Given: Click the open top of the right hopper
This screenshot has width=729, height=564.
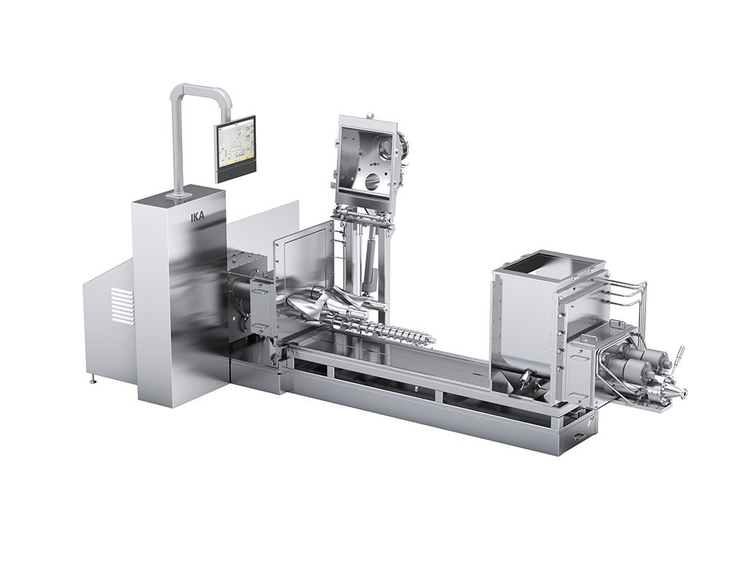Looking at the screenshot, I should click(x=544, y=260).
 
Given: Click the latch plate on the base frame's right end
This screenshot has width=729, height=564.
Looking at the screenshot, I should click(x=578, y=436).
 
